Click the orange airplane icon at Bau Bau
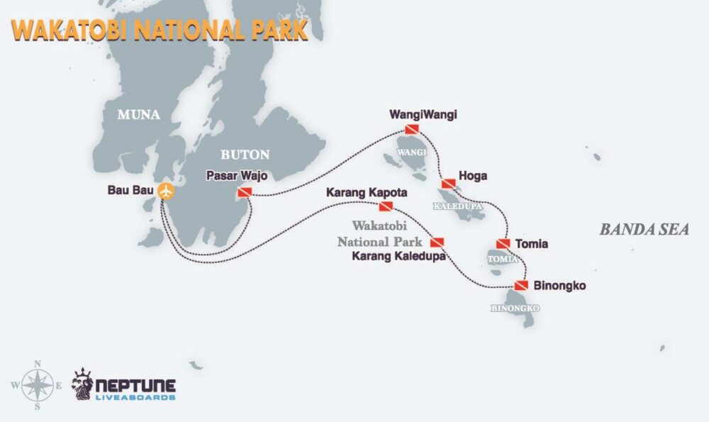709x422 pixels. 165,191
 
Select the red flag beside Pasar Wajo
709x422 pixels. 244,193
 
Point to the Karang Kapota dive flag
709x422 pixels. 386,206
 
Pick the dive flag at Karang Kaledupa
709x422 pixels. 437,243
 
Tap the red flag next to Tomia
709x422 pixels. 503,244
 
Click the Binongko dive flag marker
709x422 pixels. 522,286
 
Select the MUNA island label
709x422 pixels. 140,114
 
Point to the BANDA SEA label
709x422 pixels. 644,229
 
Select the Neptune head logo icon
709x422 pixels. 84,384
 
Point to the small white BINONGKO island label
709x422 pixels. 515,309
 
